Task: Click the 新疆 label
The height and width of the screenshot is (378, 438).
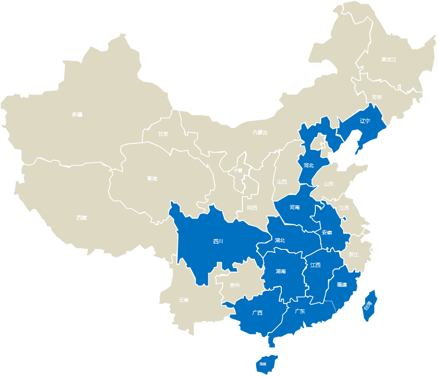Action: pos(77,115)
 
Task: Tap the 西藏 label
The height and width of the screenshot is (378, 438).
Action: pos(82,217)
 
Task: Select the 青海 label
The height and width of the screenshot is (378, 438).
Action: pos(152,178)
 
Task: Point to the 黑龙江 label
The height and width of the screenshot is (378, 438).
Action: pos(388,60)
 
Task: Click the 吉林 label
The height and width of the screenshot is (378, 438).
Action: pos(376,97)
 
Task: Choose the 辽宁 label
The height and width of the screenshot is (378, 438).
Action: pos(365,121)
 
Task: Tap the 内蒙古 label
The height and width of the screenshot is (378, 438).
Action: pos(260,132)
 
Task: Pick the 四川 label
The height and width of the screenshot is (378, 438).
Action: pos(218,241)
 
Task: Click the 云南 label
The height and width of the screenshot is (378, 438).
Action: pos(183,300)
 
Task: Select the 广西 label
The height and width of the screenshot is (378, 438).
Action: pos(257,312)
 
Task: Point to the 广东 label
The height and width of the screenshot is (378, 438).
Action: pos(300,311)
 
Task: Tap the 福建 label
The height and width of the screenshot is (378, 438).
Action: pos(341,284)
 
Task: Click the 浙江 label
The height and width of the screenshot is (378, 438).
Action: pos(353,255)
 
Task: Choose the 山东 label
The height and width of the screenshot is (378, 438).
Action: pos(329,184)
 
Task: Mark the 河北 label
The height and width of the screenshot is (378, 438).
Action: pos(308,165)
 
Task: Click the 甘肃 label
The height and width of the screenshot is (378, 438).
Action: pos(163,134)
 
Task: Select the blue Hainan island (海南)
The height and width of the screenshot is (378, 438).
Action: pos(264,363)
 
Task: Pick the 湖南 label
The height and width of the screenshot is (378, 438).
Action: pos(281,271)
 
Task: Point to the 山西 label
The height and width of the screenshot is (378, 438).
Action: pos(282,181)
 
